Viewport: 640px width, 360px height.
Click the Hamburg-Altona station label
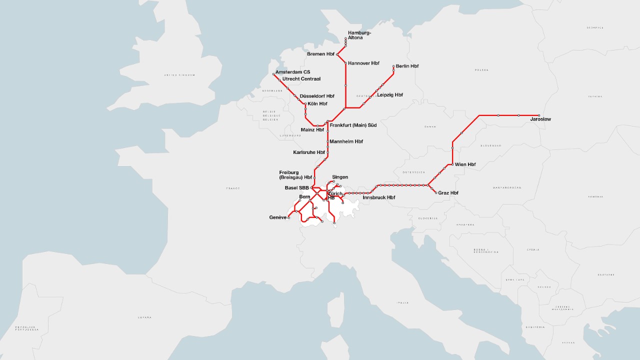(359, 35)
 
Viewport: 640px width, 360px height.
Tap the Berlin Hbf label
(407, 66)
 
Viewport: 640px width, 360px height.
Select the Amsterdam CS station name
(292, 72)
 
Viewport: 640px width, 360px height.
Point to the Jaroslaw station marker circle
(538, 115)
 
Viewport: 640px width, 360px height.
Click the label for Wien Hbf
(465, 164)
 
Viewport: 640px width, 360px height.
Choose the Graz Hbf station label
(448, 193)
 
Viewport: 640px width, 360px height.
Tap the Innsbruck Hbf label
(378, 197)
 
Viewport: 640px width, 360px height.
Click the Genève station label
(277, 217)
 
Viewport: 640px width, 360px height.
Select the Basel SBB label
(296, 188)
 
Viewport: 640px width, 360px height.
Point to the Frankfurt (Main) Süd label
(353, 125)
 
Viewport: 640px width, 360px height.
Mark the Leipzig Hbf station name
(389, 94)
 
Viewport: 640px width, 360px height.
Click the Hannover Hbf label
(363, 63)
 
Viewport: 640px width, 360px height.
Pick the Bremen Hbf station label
(320, 54)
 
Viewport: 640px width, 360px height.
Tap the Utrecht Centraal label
(301, 79)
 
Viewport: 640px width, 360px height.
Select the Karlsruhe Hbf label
(308, 152)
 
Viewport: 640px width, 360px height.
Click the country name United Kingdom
(179, 75)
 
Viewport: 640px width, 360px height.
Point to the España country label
(144, 317)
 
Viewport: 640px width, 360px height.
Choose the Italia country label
(402, 302)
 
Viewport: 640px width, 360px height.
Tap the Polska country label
(481, 70)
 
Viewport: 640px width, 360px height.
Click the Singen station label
(339, 177)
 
